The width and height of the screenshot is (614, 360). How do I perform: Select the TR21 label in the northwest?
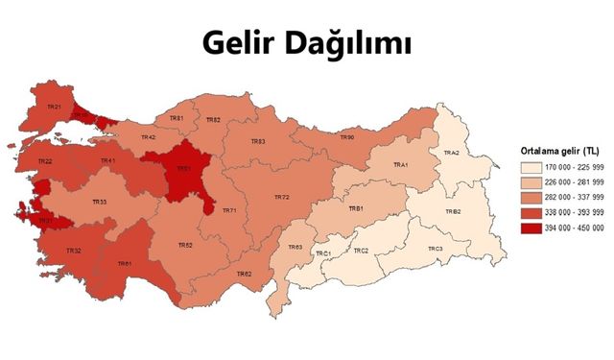[54, 107]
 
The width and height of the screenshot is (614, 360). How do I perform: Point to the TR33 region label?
[99, 202]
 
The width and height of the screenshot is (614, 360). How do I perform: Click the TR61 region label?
[125, 263]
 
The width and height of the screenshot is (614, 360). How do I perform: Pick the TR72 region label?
[281, 197]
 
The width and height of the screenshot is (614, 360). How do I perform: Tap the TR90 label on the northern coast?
[347, 137]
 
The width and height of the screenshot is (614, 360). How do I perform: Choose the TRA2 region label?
[451, 154]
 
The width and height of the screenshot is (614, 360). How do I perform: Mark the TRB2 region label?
[452, 211]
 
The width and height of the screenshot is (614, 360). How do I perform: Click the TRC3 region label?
[436, 249]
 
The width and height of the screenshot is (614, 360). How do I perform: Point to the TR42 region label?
[149, 137]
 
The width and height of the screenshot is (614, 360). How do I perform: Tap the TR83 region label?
[258, 141]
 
